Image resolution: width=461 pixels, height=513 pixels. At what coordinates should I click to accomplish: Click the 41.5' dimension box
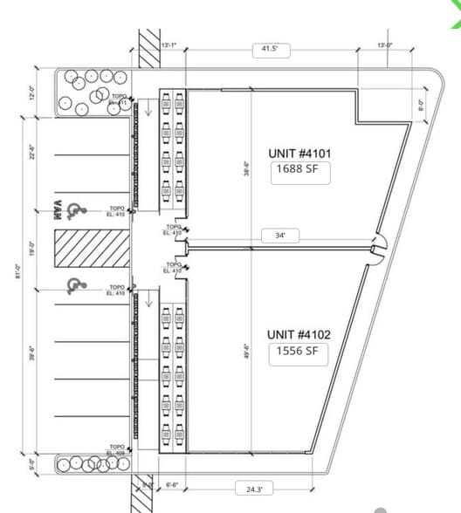[x=270, y=51]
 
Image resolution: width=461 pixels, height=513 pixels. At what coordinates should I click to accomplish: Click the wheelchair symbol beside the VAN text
[x=76, y=209]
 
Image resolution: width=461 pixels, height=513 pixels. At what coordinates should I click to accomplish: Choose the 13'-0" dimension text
[x=385, y=44]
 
